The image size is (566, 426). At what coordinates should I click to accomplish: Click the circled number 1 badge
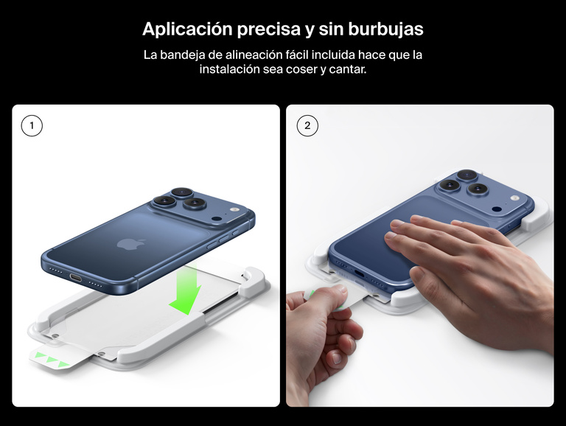click(x=32, y=126)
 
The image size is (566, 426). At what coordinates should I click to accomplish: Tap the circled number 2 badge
click(x=307, y=126)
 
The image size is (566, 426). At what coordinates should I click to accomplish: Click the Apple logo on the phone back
click(x=127, y=243)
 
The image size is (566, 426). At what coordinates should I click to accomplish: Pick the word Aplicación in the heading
click(x=184, y=29)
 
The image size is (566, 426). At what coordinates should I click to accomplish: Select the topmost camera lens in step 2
click(x=467, y=175)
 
